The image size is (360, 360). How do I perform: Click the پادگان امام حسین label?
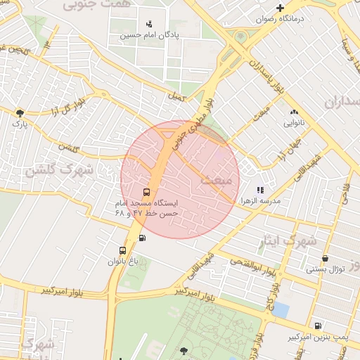point(148,34)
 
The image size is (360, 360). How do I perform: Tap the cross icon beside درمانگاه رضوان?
point(281,8)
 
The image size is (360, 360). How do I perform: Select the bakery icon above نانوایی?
point(293,112)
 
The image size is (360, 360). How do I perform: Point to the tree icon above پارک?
point(20,112)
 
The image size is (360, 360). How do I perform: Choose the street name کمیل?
point(176,96)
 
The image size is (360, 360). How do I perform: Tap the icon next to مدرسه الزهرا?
point(260,189)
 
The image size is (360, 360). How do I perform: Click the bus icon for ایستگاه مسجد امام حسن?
point(147,192)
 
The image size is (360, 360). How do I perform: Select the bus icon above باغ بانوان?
point(123,250)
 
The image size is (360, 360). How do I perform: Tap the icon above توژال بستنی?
point(325,258)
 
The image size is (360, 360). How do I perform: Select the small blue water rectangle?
point(281,309)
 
